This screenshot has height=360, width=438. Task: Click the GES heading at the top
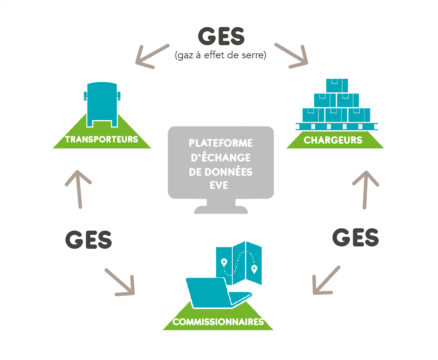(x=221, y=36)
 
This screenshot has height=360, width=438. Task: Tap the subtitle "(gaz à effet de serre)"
(x=221, y=55)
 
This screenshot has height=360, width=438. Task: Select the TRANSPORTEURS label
(x=101, y=139)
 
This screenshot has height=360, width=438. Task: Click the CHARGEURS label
(x=333, y=140)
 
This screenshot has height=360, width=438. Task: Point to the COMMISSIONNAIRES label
(x=218, y=322)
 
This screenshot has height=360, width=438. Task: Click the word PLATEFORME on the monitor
(x=221, y=143)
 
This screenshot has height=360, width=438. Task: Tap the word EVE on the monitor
(x=219, y=185)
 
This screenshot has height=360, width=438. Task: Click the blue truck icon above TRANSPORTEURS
(x=102, y=105)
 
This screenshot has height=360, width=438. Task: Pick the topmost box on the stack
(x=337, y=85)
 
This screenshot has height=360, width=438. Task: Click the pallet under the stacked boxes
(x=337, y=126)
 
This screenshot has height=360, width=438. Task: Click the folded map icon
(x=239, y=263)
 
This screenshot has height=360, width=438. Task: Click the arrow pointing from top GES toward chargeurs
(x=292, y=55)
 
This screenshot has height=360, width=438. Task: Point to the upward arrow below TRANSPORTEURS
(x=78, y=189)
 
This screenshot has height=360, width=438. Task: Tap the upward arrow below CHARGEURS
(x=365, y=190)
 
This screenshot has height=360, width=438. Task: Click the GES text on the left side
(x=88, y=239)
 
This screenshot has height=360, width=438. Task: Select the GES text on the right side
(x=355, y=237)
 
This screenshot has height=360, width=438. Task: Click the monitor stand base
(x=221, y=209)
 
